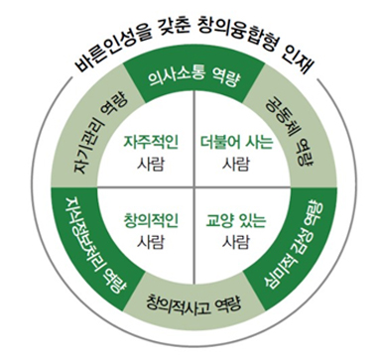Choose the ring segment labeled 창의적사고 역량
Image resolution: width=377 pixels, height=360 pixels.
[188, 297]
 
